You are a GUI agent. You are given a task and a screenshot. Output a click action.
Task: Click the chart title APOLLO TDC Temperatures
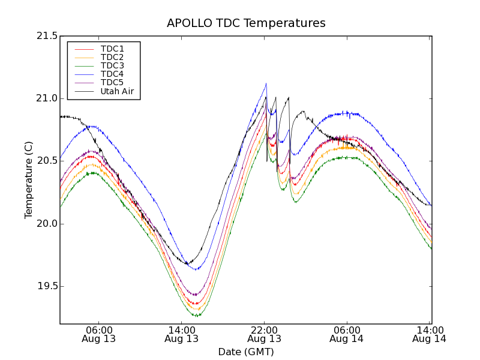coord(246,23)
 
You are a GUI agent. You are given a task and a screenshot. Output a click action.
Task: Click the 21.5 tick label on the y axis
coord(47,36)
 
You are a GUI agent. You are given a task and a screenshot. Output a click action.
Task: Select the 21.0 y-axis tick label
coord(47,98)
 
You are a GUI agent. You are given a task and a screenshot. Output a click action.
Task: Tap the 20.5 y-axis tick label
coord(47,161)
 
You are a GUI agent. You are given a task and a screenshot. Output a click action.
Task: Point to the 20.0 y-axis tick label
coord(47,224)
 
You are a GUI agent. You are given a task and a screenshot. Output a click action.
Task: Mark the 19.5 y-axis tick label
coord(47,286)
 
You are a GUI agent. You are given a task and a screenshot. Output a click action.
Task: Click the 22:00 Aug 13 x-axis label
coord(265,334)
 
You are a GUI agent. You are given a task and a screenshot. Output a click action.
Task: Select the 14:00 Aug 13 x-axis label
coord(182,334)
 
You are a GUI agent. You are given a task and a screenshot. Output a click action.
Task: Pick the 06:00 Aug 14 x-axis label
coord(347,334)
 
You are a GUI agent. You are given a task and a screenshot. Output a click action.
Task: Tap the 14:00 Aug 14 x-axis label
coord(430,334)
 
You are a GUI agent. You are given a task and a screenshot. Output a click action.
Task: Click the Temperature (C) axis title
coord(29,180)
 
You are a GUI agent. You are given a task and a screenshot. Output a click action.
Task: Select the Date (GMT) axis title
coord(246,352)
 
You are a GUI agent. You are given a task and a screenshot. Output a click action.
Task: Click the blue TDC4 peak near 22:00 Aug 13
coord(266,84)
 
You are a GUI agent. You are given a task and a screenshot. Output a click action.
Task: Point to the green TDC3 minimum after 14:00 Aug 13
coord(196,315)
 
